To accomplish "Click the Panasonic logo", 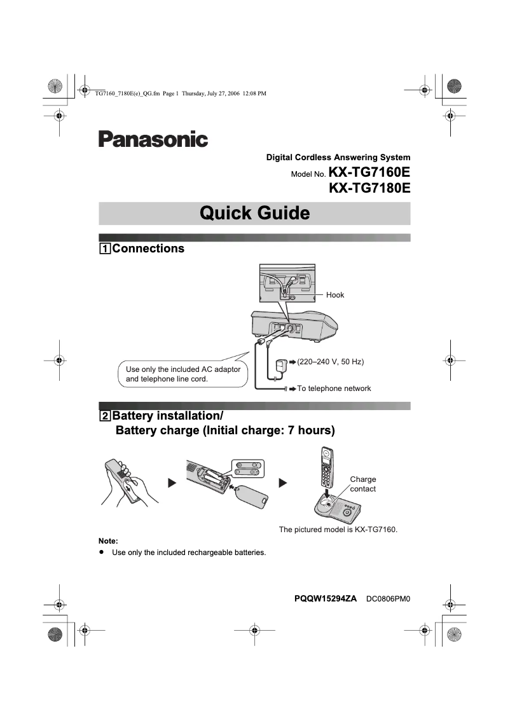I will pyautogui.click(x=153, y=139).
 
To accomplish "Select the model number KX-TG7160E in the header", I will pyautogui.click(x=369, y=172).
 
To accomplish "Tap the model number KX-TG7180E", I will pyautogui.click(x=369, y=188).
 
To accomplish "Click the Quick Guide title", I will pyautogui.click(x=254, y=213).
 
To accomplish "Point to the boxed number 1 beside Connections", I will pyautogui.click(x=104, y=249).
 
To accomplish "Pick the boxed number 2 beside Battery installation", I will pyautogui.click(x=104, y=416).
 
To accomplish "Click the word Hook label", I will pyautogui.click(x=335, y=295).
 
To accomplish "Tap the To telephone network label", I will pyautogui.click(x=334, y=388).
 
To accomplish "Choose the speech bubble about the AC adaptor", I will pyautogui.click(x=183, y=374).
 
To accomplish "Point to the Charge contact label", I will pyautogui.click(x=363, y=484).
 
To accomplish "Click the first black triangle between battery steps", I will pyautogui.click(x=171, y=483).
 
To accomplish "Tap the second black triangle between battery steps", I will pyautogui.click(x=283, y=483).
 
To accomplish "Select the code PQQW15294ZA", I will pyautogui.click(x=326, y=599).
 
